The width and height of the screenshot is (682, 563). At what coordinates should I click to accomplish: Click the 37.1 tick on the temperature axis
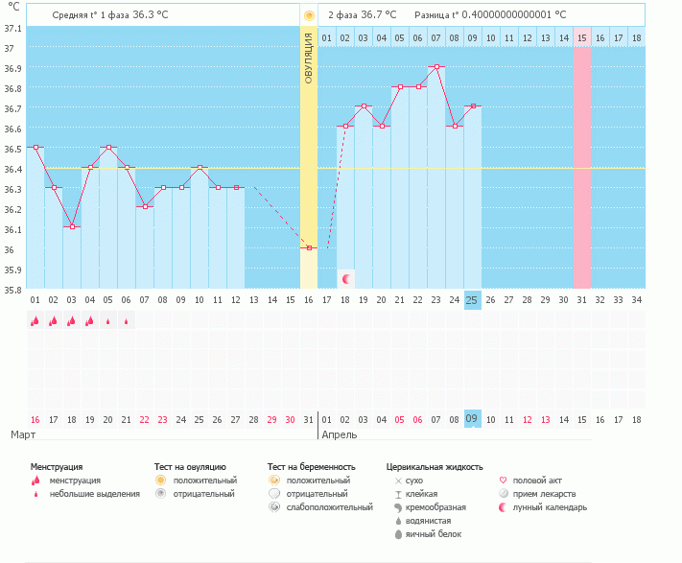(x=12, y=28)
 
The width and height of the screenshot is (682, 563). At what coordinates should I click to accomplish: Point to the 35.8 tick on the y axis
(x=12, y=290)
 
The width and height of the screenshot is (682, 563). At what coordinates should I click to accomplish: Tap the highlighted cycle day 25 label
(x=472, y=299)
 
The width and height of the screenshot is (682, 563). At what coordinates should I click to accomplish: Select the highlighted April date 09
(x=472, y=419)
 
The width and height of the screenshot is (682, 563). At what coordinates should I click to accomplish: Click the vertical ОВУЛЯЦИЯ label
(x=309, y=58)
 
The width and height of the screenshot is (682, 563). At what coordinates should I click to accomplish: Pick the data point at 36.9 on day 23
(x=436, y=67)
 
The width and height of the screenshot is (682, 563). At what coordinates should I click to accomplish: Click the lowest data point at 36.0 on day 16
(x=309, y=247)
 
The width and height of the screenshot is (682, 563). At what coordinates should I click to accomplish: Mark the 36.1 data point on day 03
(x=72, y=227)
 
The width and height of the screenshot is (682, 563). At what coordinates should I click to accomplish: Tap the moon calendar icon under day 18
(x=345, y=278)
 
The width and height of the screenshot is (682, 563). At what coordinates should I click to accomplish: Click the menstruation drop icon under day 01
(x=35, y=321)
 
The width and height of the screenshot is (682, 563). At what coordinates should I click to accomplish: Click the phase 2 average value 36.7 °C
(x=378, y=15)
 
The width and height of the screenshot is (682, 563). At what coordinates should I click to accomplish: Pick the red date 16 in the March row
(x=35, y=419)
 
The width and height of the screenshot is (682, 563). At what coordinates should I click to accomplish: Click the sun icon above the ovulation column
(x=309, y=15)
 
